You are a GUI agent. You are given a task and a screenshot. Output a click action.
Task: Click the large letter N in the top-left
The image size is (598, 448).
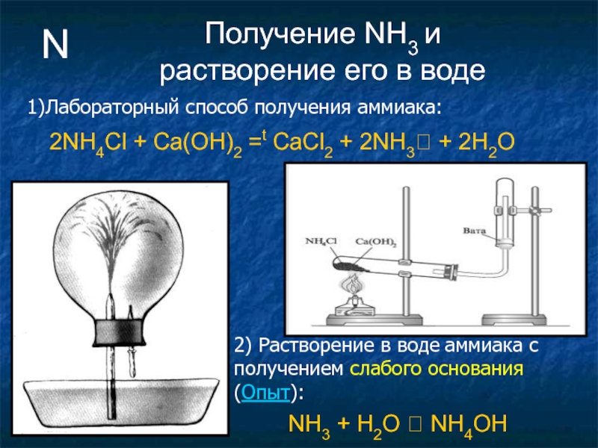55,46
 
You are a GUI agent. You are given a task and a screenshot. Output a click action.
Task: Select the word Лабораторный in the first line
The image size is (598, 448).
102,109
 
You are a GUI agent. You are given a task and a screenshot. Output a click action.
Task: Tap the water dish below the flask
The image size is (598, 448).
112,407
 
